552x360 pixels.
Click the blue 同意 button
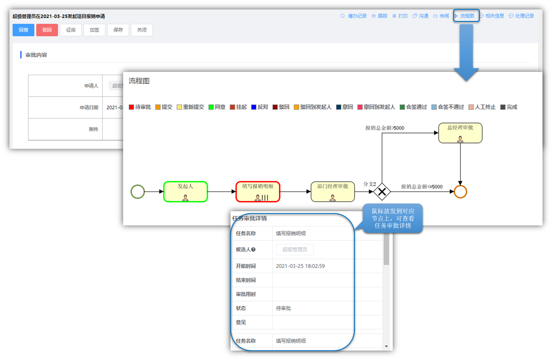[23, 30]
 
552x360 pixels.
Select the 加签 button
[94, 30]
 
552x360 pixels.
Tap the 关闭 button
[142, 30]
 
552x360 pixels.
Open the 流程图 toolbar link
[466, 16]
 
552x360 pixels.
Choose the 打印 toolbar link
[400, 16]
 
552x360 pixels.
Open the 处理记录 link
[522, 16]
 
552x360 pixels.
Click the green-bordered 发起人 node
[186, 192]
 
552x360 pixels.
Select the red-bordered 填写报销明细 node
[258, 192]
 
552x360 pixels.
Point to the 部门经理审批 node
[333, 192]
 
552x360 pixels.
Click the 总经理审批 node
[460, 133]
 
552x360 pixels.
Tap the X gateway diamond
[382, 192]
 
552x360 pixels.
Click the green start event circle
[138, 192]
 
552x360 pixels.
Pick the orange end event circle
[460, 192]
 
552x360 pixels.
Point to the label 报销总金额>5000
[384, 128]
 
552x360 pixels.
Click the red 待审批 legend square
[131, 107]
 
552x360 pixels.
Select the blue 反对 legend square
[254, 107]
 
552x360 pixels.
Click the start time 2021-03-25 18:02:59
[300, 266]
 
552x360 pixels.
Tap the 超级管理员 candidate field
[295, 250]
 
